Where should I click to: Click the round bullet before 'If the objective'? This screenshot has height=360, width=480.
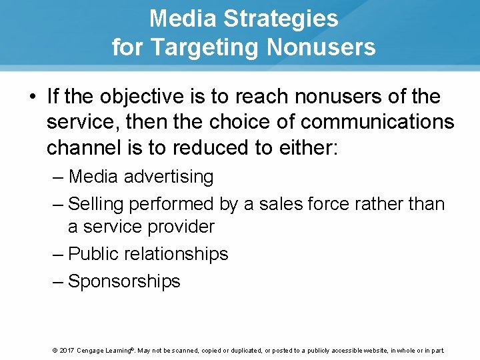click(x=33, y=97)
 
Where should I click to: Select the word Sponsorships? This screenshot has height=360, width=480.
click(x=124, y=281)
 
